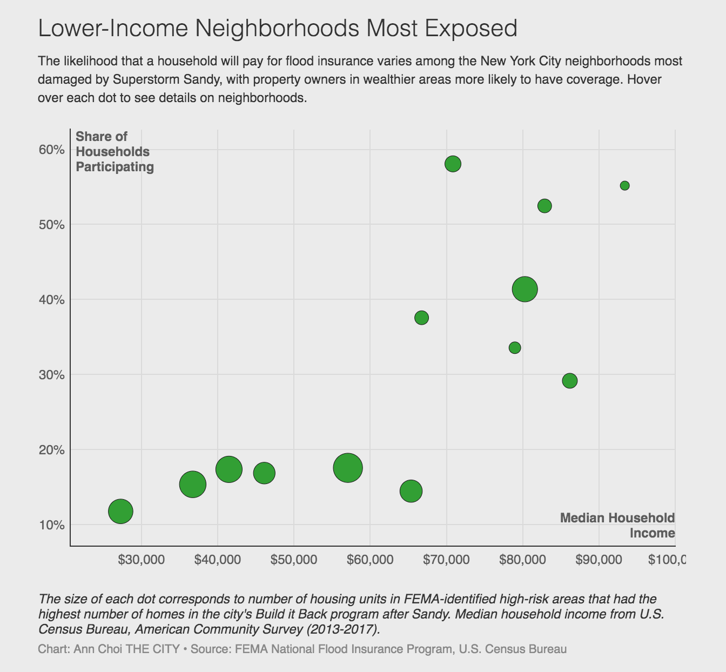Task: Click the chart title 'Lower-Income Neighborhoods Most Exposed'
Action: coord(278,28)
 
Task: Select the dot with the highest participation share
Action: coord(453,164)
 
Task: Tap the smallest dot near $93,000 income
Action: coord(624,186)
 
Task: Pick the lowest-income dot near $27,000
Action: coord(120,511)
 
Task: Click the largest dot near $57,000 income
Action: coord(348,468)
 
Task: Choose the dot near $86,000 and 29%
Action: coord(569,381)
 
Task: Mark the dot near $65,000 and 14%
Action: coord(411,491)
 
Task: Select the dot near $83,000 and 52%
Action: coord(544,206)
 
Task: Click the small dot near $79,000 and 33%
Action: coord(515,348)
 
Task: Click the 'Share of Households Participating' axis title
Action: coord(115,152)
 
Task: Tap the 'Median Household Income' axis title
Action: coord(617,526)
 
